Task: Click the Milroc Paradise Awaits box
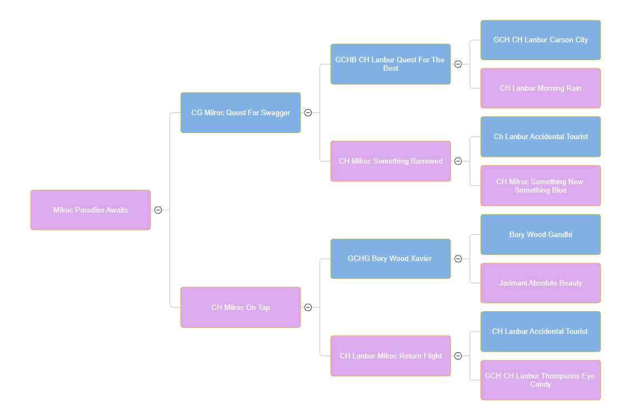click(91, 210)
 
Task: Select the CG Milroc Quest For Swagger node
click(240, 112)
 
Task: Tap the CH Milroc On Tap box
click(240, 307)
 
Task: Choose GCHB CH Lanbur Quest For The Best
click(390, 64)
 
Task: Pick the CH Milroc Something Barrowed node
click(390, 161)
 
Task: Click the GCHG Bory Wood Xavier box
click(390, 258)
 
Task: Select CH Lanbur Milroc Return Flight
click(390, 356)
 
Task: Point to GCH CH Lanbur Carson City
click(540, 40)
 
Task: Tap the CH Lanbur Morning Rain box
click(540, 88)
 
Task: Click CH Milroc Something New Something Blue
click(540, 185)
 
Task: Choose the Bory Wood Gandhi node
click(540, 234)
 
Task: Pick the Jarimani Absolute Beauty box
click(540, 283)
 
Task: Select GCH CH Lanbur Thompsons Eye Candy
click(540, 380)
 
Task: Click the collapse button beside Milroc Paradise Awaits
click(158, 210)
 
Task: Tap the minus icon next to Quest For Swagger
click(308, 112)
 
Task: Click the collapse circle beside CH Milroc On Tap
click(308, 307)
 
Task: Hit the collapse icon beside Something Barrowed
click(458, 161)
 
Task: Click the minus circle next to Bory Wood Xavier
click(458, 259)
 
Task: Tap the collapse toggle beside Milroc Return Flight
click(458, 356)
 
